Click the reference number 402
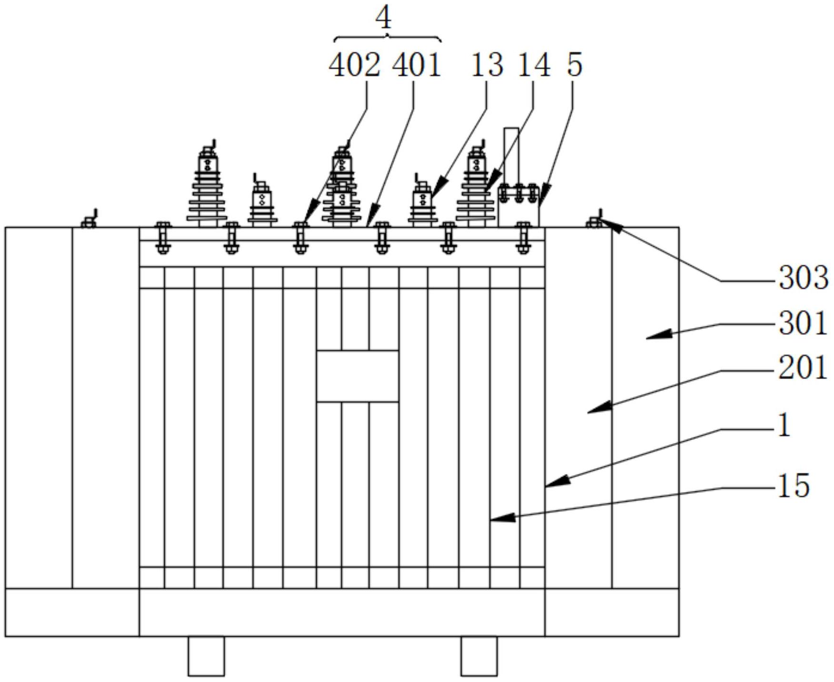coord(354,65)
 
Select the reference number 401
coord(416,65)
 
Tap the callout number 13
coord(487,65)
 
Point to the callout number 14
coord(533,65)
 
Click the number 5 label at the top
coord(574,65)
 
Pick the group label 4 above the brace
coord(383,19)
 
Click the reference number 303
coord(803,278)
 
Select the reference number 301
coord(803,324)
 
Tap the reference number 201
coord(803,368)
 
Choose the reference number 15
coord(794,486)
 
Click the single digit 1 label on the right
coord(784,426)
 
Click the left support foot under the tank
coord(206,656)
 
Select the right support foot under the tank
coord(479,656)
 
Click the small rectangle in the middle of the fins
coord(357,376)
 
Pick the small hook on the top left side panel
coord(90,220)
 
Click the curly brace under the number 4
coord(388,38)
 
